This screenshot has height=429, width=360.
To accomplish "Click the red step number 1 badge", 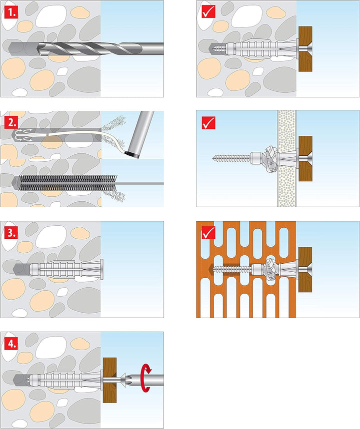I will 10,11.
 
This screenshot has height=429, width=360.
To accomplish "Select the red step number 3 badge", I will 10,232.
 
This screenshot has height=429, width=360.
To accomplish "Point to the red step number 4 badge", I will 10,343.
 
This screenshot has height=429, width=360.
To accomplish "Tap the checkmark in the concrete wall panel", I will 208,11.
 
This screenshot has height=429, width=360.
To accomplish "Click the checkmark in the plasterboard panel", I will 208,122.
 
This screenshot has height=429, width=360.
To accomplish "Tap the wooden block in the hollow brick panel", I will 305,269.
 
